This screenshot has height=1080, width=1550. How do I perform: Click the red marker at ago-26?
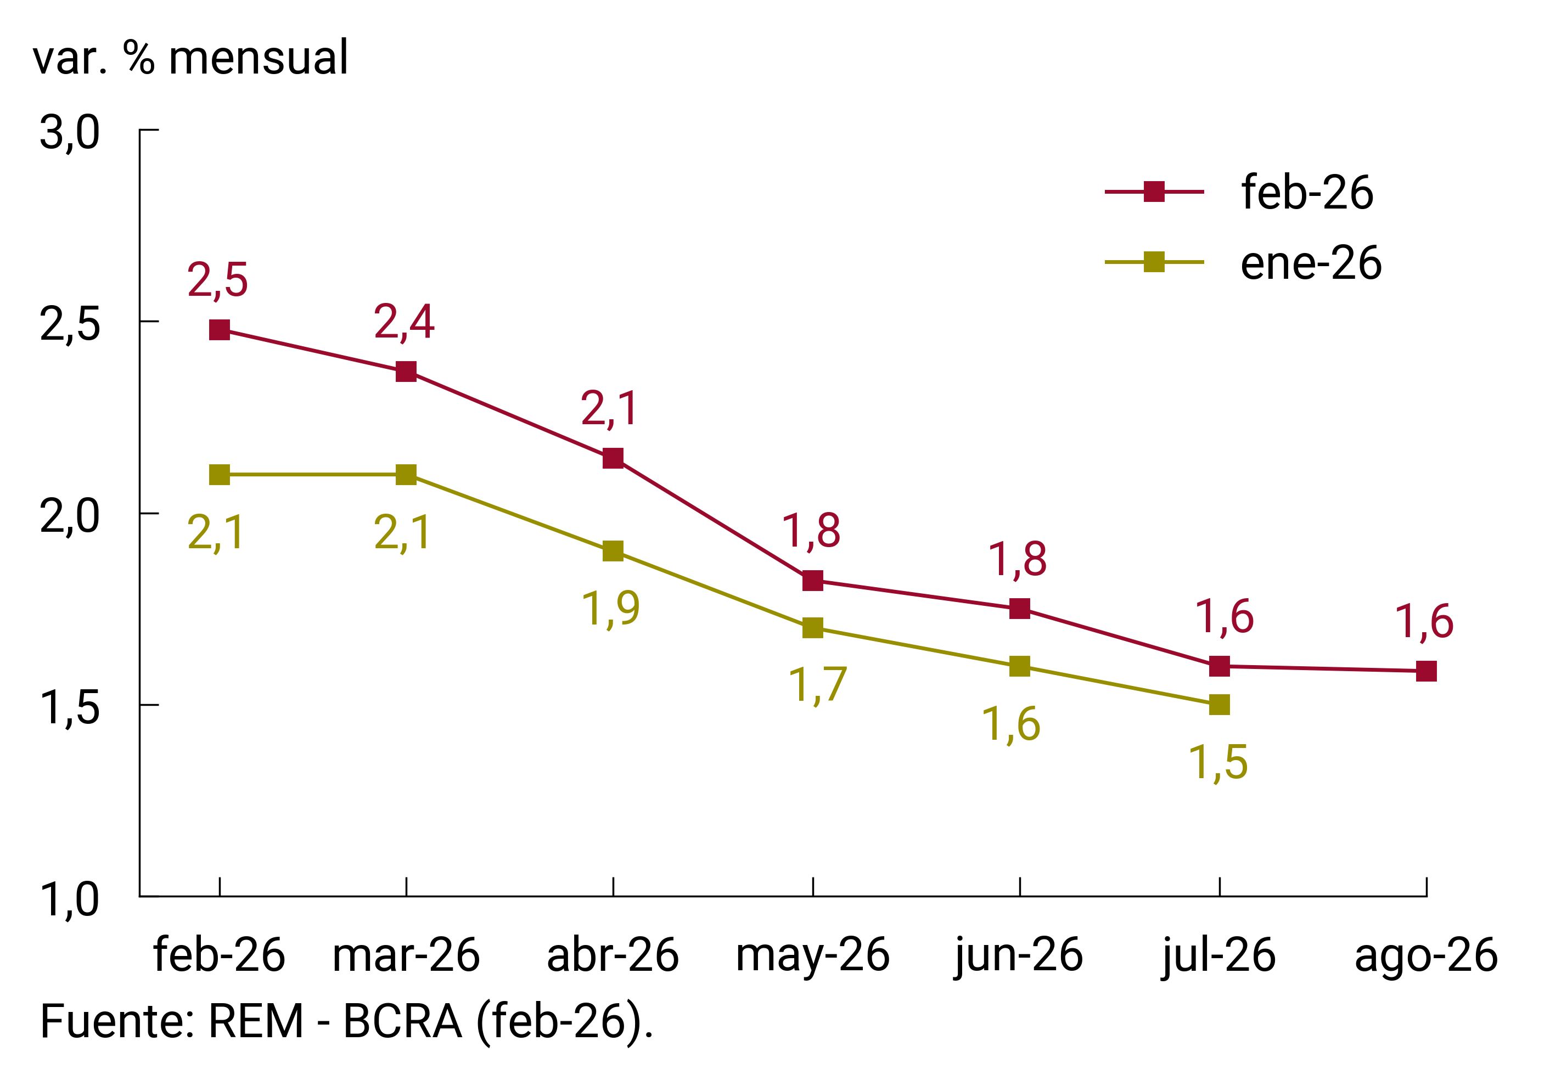1426,671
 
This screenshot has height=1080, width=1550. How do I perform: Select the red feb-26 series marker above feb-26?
220,330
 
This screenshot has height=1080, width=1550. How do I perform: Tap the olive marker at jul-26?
1219,705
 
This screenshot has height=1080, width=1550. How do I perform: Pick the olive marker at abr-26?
613,551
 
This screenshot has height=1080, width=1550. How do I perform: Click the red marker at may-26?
813,581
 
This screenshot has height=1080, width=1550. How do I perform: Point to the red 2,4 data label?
404,322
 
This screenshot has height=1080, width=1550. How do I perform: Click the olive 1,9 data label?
610,608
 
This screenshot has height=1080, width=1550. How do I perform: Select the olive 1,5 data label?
1218,763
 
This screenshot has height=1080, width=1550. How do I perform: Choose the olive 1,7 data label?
817,684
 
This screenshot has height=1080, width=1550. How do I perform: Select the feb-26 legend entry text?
1307,193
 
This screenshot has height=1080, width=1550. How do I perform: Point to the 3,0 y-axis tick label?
70,132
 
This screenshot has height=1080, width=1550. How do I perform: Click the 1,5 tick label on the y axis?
70,707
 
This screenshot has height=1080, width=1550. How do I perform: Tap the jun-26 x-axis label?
1019,956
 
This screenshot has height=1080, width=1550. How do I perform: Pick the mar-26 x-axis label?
406,956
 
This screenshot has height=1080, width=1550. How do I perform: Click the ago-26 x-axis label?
1426,956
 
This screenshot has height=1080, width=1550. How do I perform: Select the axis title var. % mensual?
190,58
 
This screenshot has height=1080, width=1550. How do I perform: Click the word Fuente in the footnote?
112,1021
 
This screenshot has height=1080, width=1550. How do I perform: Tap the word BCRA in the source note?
402,1021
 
